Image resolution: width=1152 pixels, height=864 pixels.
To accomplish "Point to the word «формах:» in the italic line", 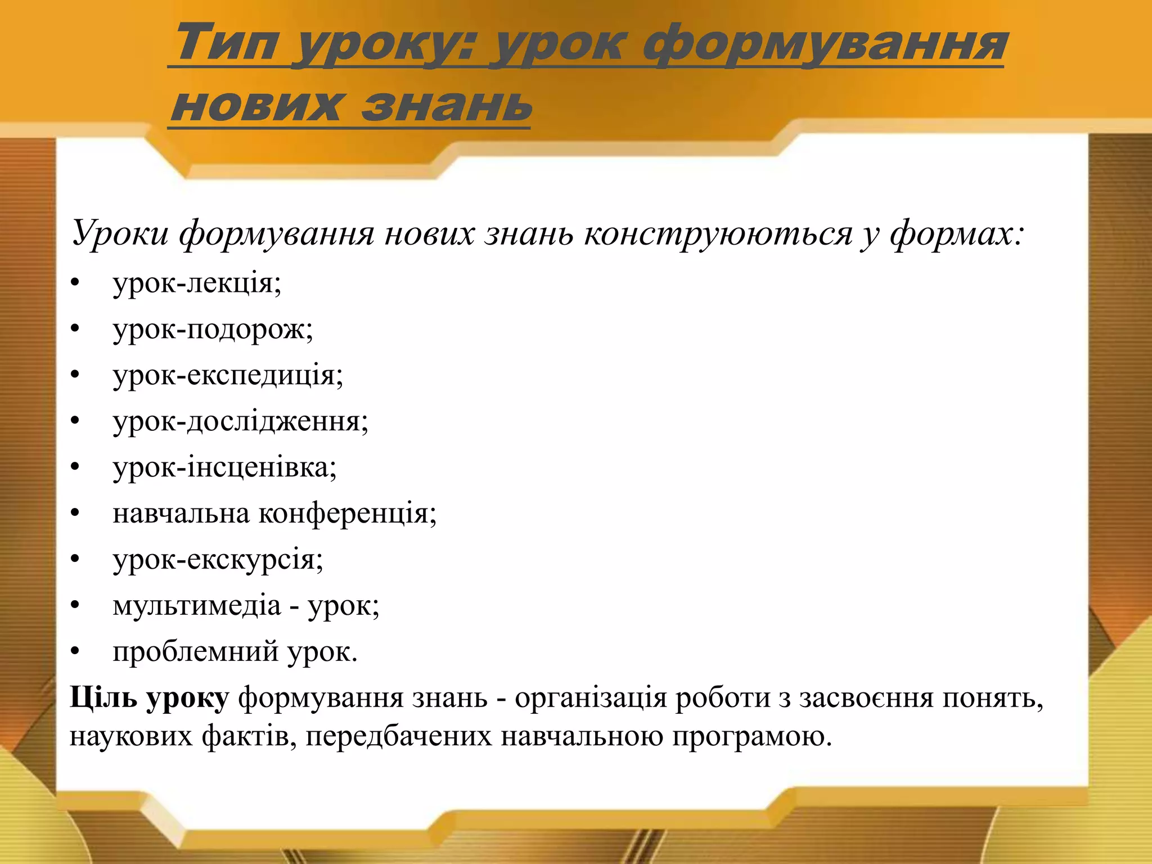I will (957, 233).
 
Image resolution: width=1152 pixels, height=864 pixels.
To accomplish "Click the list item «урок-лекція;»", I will (197, 282).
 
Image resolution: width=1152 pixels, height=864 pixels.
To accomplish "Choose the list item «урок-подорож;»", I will (213, 329).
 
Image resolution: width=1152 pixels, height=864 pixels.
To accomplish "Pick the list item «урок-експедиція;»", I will (228, 375).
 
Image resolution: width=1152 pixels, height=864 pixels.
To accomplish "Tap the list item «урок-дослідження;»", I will (241, 421).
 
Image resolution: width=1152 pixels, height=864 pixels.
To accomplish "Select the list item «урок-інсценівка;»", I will (224, 467).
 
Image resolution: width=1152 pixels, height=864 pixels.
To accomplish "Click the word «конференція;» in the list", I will (347, 513).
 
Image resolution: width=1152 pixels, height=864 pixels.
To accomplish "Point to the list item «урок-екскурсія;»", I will (218, 559).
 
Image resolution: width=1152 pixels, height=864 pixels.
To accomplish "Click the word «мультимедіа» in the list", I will (196, 605).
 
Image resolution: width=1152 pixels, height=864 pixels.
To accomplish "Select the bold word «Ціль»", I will (103, 697).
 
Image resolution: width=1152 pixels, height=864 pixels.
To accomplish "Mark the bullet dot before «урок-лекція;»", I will (75, 283).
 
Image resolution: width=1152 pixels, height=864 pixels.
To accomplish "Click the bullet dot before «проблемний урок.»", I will (75, 652).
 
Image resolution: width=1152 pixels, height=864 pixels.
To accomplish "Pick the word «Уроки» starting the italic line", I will (120, 233).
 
